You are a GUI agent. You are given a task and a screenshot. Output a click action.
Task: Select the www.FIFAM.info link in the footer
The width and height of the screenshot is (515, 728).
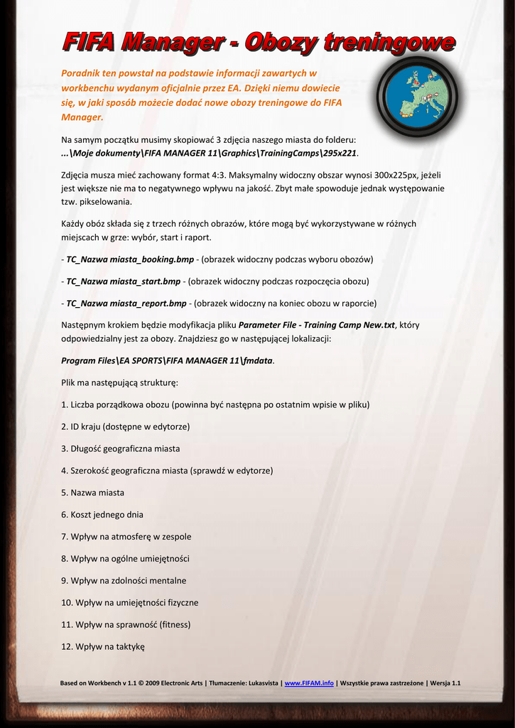tap(309, 683)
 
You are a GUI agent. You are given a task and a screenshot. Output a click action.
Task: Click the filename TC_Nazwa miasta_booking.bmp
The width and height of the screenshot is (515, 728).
tap(130, 259)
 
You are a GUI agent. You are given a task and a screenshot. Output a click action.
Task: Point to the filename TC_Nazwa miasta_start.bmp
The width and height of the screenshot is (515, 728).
tap(124, 282)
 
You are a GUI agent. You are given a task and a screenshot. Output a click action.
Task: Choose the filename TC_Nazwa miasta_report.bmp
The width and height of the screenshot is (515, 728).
tap(126, 304)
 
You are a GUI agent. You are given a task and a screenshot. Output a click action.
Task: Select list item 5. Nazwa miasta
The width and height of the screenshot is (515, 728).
tap(93, 493)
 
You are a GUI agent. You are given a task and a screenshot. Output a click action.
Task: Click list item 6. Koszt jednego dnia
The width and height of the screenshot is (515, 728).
tap(102, 515)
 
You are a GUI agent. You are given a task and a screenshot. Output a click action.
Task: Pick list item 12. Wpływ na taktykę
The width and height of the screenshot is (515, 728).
tap(103, 647)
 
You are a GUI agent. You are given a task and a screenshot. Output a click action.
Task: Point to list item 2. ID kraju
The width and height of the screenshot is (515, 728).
tap(126, 427)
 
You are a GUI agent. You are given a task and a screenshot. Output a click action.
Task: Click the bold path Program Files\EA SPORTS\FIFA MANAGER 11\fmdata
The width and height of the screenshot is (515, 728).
tap(167, 360)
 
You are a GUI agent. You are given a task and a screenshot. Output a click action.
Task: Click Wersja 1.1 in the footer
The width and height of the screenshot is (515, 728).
tap(445, 683)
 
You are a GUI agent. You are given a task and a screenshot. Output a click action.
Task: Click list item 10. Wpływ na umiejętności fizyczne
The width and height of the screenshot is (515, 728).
tap(130, 603)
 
